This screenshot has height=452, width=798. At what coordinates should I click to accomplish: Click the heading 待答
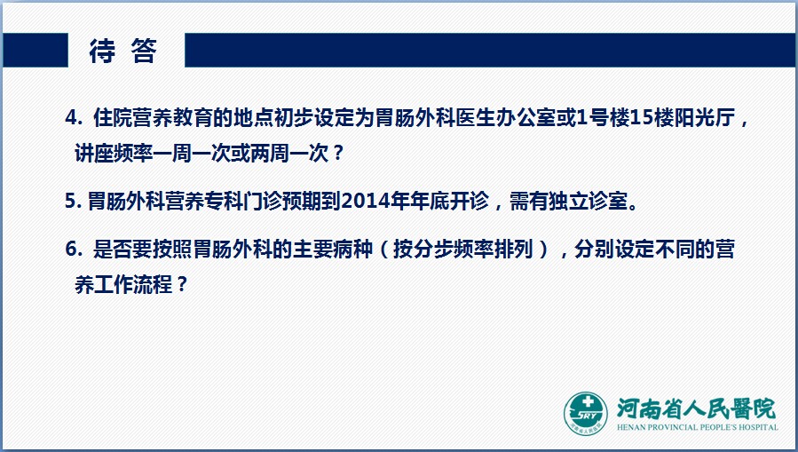click(x=122, y=51)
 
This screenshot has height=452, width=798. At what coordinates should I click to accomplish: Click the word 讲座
click(x=94, y=153)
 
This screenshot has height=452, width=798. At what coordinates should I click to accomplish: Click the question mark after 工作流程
click(x=182, y=284)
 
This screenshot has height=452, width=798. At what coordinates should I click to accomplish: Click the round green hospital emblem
click(x=586, y=414)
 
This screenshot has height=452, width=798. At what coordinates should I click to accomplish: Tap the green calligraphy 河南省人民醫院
click(x=696, y=408)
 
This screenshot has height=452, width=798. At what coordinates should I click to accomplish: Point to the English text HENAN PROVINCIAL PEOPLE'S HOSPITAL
click(x=697, y=427)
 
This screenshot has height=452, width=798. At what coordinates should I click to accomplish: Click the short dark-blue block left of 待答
click(x=36, y=51)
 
